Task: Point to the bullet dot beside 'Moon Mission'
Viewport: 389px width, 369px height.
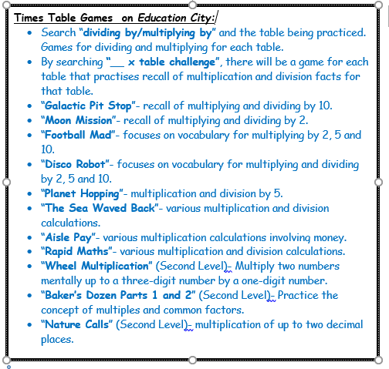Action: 29,121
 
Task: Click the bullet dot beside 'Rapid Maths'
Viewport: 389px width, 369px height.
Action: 29,252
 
